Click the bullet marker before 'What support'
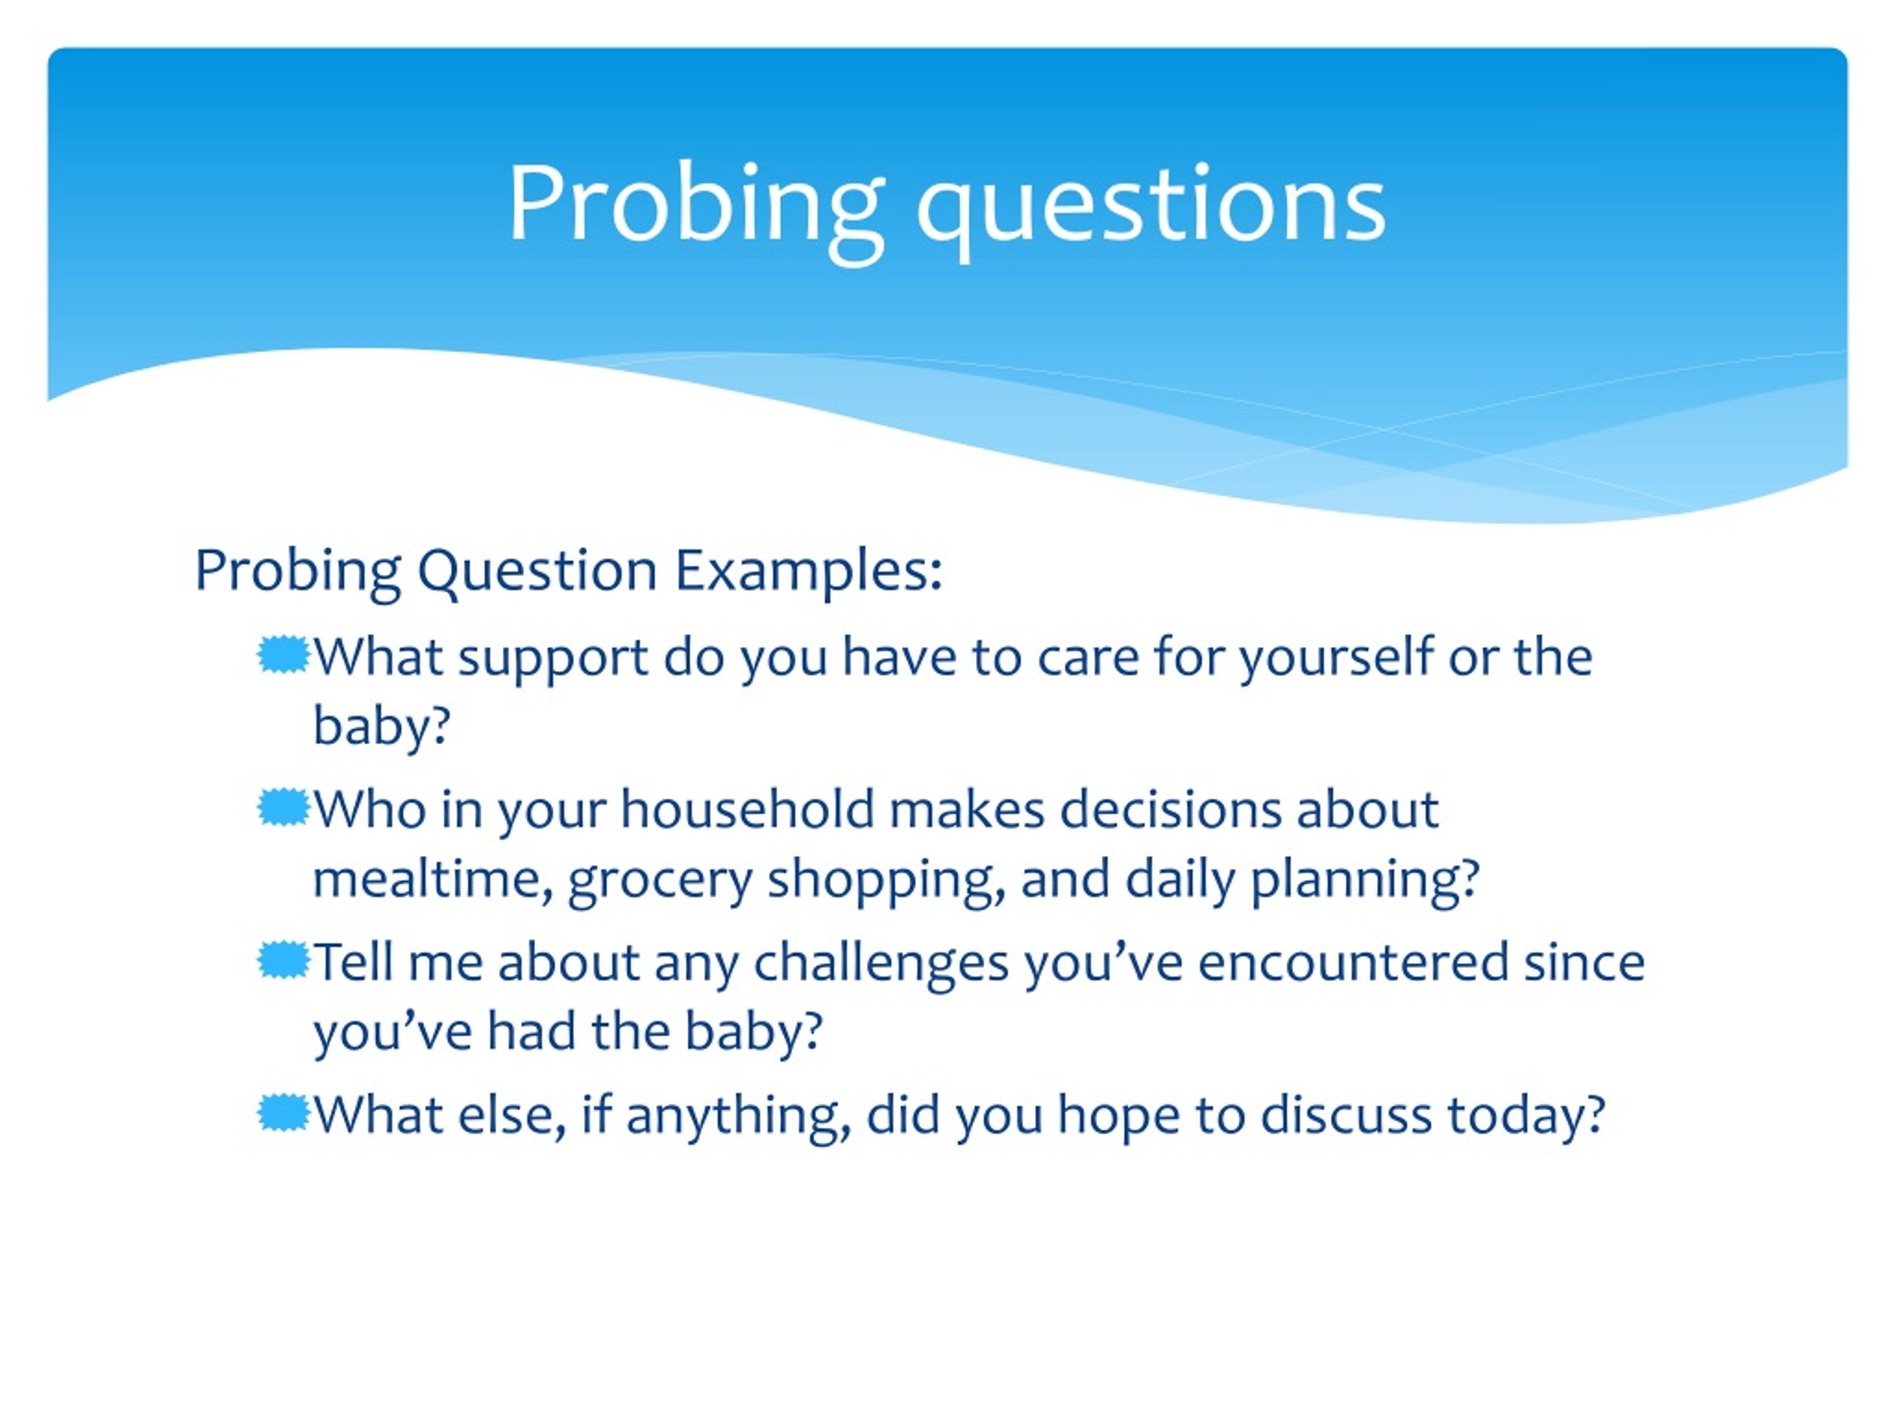tap(282, 656)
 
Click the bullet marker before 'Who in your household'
tap(282, 808)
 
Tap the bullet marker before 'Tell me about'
tap(282, 961)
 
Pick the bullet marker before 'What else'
tap(282, 1113)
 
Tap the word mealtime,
tap(432, 880)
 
